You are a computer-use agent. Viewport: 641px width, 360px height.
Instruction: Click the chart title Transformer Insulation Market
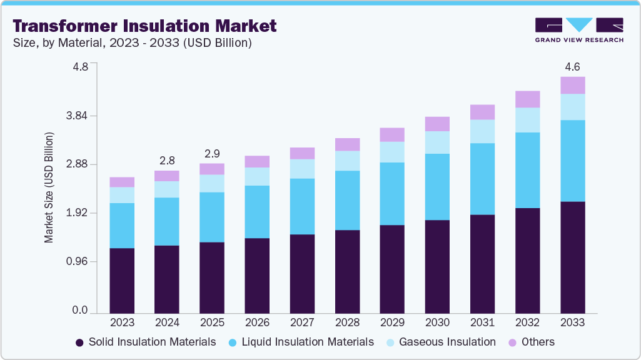point(144,26)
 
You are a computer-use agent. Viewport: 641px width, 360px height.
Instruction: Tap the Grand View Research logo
point(579,31)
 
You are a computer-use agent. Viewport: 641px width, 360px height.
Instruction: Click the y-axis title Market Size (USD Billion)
point(49,187)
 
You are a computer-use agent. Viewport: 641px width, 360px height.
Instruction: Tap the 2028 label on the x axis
point(347,322)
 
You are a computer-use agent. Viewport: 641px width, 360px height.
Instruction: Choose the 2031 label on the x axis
point(482,322)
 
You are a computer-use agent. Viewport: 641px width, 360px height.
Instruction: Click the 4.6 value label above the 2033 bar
point(572,66)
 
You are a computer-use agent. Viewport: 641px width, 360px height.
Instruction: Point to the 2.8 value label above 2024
point(167,160)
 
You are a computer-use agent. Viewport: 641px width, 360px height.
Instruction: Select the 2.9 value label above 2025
point(212,153)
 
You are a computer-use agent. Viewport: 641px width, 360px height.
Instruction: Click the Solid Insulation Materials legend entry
point(146,342)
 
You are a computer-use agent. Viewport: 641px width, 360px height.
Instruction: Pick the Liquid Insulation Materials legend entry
point(300,342)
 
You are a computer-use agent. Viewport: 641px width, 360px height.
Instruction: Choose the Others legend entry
point(531,342)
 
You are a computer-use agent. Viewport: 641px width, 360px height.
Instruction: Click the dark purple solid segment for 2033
point(572,257)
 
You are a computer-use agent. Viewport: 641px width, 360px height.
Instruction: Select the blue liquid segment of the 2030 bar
point(437,186)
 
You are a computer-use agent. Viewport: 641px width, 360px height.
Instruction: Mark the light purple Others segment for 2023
point(122,182)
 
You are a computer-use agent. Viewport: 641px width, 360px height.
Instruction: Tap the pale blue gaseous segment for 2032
point(527,120)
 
